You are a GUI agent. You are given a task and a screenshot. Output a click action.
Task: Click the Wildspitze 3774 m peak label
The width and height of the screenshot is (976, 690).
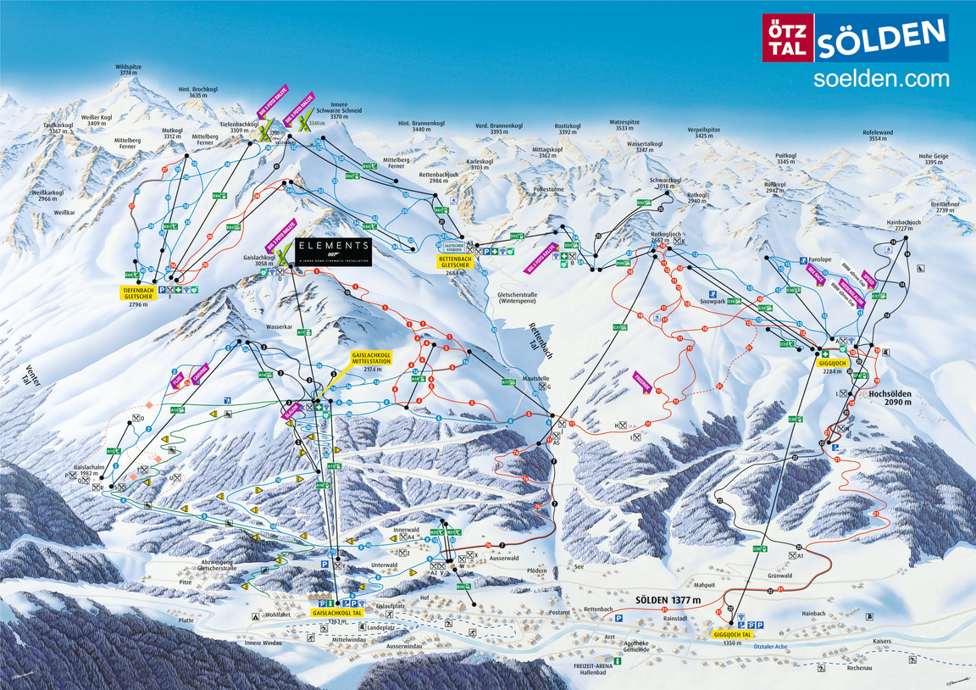pyautogui.click(x=128, y=70)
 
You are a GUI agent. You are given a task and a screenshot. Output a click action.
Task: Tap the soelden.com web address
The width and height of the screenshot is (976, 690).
pyautogui.click(x=880, y=79)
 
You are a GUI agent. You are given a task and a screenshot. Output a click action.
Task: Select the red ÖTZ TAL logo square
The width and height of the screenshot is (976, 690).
pyautogui.click(x=788, y=38)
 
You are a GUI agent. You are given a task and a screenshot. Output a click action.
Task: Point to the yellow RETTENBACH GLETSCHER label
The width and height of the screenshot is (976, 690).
pyautogui.click(x=458, y=264)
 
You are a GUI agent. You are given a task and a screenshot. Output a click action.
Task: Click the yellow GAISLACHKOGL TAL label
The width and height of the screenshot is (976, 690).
pyautogui.click(x=337, y=612)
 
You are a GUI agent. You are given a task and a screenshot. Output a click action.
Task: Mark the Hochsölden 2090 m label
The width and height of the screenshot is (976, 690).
pyautogui.click(x=889, y=398)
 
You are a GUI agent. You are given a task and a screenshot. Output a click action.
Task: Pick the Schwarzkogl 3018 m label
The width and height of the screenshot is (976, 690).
pyautogui.click(x=665, y=183)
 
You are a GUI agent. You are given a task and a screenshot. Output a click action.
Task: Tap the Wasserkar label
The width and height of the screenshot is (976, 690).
pyautogui.click(x=278, y=325)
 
